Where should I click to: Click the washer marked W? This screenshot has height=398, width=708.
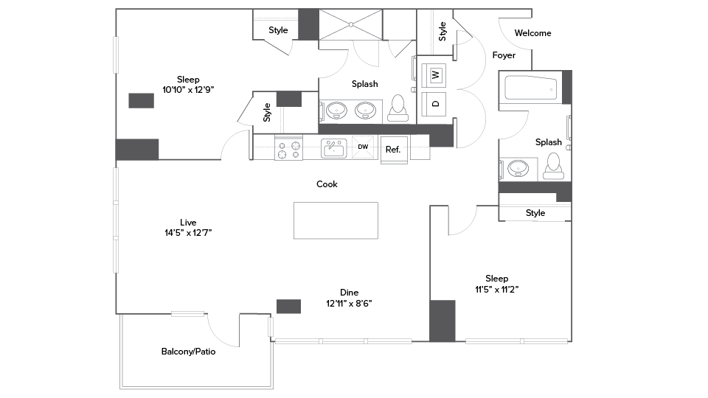pos(435,74)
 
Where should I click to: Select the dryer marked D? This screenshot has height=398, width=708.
pos(435,102)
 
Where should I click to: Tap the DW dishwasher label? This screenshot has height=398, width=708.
pos(363,147)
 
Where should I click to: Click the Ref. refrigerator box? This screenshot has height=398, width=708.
pos(393,150)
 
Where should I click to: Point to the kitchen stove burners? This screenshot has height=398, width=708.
pos(288,150)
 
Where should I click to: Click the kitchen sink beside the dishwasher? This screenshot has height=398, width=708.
pos(333,148)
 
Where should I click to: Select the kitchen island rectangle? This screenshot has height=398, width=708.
pos(336,220)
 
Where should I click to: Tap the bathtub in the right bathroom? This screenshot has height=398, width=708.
pos(530,89)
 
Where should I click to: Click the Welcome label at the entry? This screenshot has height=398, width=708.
pos(532,33)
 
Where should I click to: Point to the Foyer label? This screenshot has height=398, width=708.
pos(504,55)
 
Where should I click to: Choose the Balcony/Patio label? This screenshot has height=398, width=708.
pos(188,352)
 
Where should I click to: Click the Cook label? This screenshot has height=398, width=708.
pos(327,184)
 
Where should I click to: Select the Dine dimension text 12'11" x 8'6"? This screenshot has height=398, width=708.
pos(349,303)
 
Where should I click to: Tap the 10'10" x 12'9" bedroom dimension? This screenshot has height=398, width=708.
pos(188,90)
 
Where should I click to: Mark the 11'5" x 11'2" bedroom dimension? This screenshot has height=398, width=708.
pos(496,289)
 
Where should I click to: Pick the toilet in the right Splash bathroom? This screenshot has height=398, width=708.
pos(552,167)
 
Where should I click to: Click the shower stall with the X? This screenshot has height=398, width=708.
pos(350,24)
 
